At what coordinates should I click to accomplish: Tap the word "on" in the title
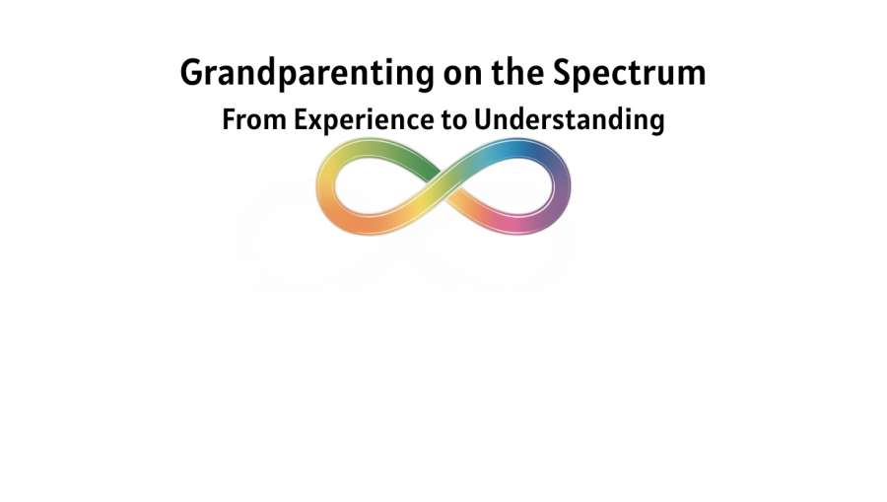coord(462,74)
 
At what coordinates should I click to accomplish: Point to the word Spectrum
coord(630,74)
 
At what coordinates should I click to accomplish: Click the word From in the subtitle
coord(254,119)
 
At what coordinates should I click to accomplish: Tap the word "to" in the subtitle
coord(453,120)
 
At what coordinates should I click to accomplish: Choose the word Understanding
coord(569,120)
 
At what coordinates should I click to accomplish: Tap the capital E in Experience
coord(302,119)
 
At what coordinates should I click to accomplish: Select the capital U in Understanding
coord(484,119)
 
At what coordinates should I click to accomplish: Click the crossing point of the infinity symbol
coord(444,186)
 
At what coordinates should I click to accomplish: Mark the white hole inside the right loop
coord(508,185)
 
